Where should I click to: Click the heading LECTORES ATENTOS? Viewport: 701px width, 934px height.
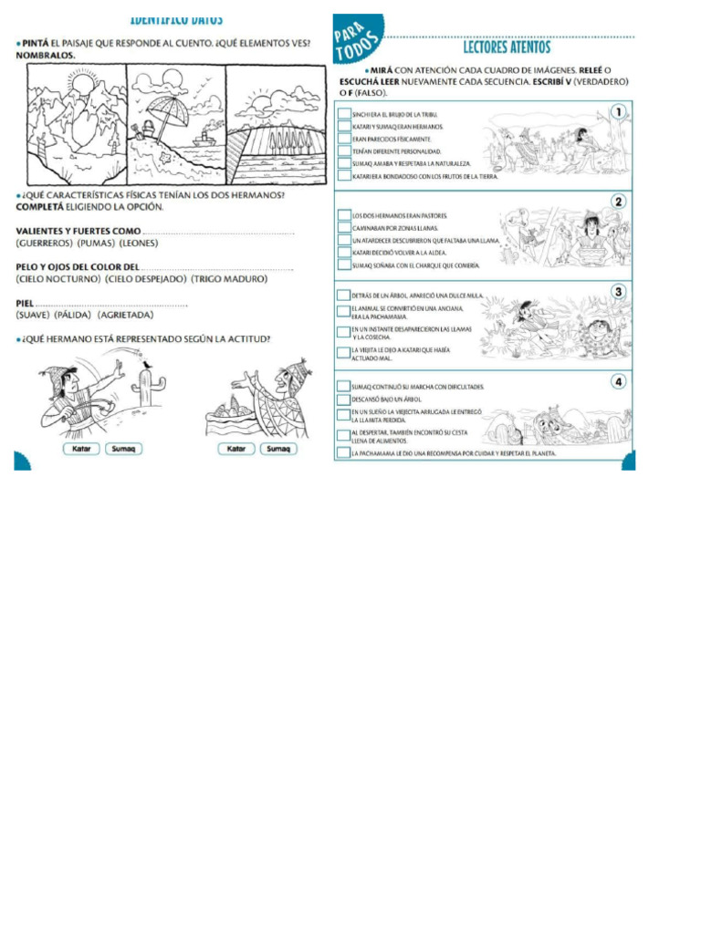[x=507, y=47]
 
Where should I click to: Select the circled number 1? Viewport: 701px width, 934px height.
[x=619, y=112]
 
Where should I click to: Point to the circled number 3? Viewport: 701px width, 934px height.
[x=619, y=292]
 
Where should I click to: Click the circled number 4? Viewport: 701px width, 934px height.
[x=619, y=382]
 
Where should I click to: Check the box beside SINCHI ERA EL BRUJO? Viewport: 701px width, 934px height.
[x=343, y=115]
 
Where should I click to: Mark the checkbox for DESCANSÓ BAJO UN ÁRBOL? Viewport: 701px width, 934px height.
[x=343, y=400]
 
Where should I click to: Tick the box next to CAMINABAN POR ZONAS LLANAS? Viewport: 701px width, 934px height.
[x=343, y=228]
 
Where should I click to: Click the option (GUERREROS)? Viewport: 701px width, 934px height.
[x=44, y=244]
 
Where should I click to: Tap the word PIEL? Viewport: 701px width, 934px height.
[x=25, y=303]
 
